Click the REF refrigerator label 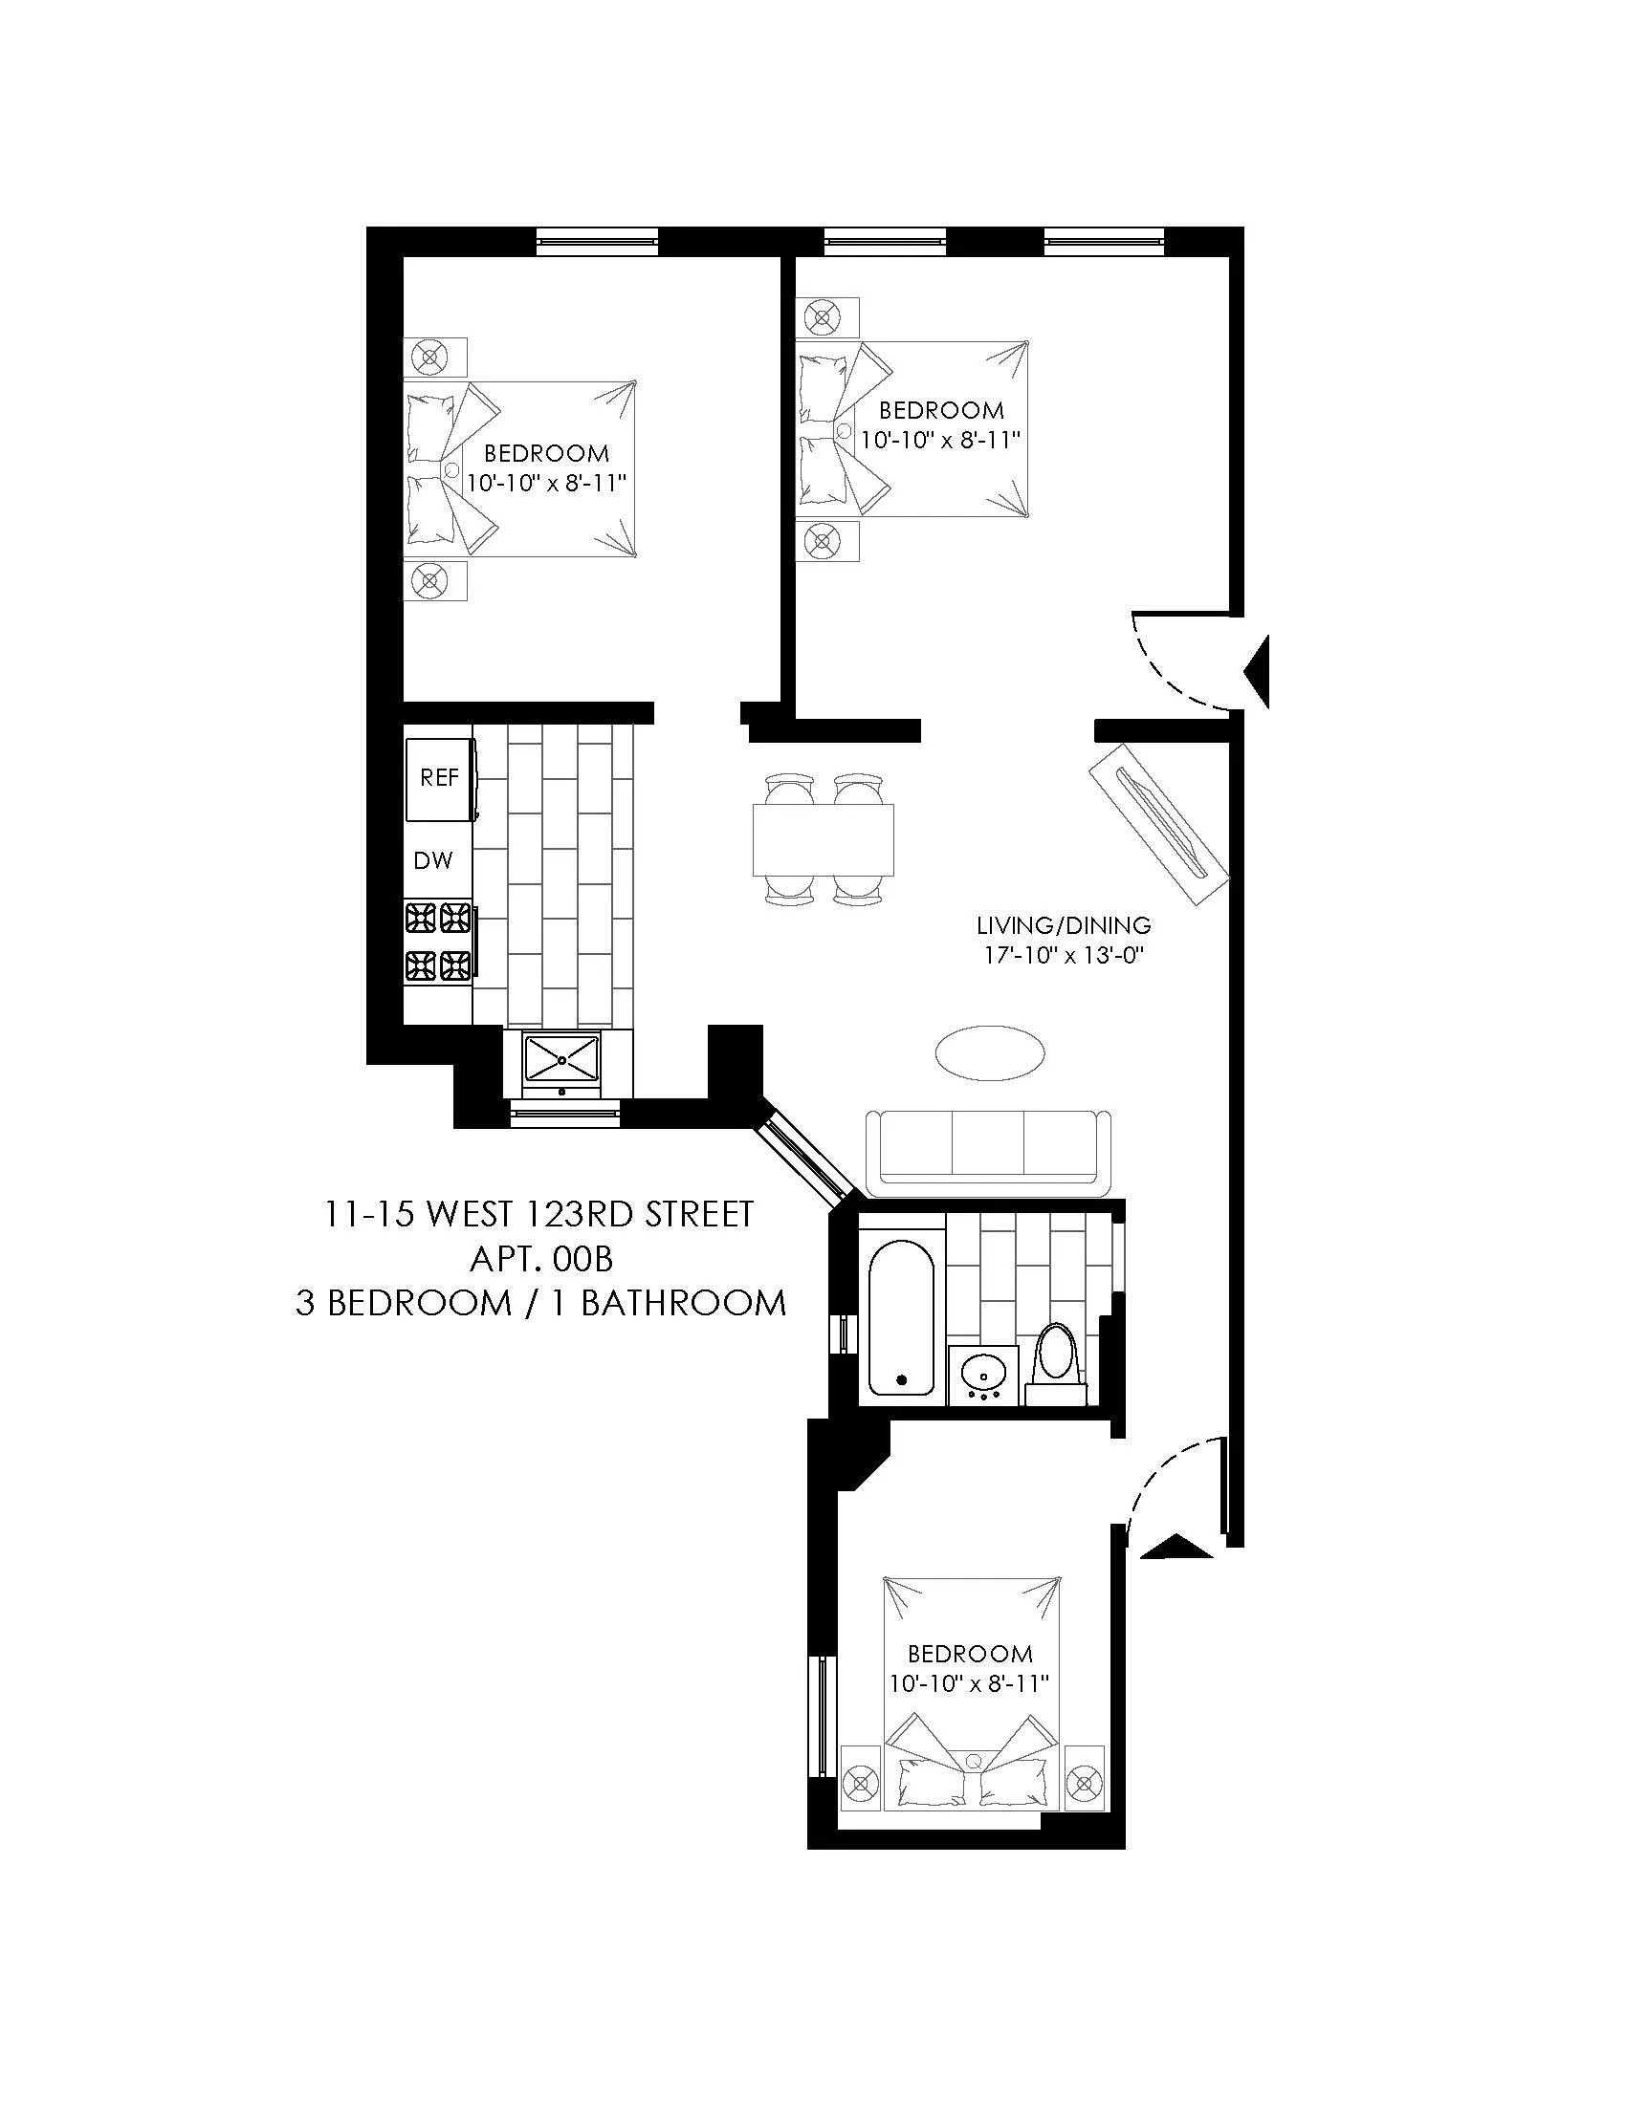[x=439, y=777]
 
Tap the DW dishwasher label [x=432, y=861]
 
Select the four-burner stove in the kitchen [x=439, y=941]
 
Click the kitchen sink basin [x=561, y=1059]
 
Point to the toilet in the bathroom [x=1057, y=1361]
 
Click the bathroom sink [x=983, y=1373]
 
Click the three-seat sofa [x=988, y=1152]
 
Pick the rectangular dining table [x=823, y=839]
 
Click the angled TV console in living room [x=1159, y=822]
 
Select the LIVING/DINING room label [x=1064, y=926]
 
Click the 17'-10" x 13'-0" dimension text [x=1064, y=956]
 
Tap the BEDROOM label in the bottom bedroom [x=970, y=1654]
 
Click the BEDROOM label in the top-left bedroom [x=546, y=452]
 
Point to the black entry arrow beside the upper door [x=1258, y=671]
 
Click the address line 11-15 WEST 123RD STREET [x=539, y=1214]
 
